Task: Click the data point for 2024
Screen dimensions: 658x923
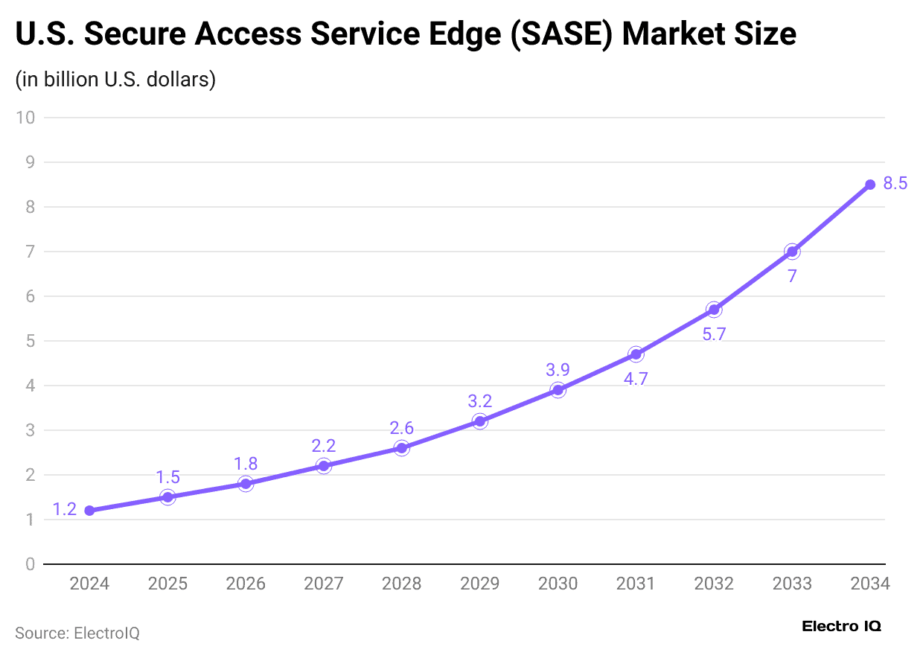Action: coord(89,511)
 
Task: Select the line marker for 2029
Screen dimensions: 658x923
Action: coord(479,421)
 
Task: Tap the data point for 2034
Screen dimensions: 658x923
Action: coord(870,185)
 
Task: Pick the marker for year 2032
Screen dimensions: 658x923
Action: coord(714,310)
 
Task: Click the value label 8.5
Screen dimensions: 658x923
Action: coord(895,183)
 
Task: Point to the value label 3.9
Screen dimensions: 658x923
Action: coord(558,370)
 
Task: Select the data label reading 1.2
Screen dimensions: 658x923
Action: coord(65,510)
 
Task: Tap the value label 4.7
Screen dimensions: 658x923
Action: coord(636,378)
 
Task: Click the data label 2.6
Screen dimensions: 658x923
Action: coord(401,428)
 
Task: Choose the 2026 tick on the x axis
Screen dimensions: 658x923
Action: coord(246,584)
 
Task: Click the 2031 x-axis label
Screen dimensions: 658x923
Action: coord(636,584)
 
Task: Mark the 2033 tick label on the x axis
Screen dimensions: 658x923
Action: coord(792,584)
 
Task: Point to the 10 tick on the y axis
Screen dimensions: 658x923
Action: coord(28,118)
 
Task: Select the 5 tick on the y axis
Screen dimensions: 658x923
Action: coord(31,341)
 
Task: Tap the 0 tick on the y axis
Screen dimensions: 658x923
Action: coord(31,564)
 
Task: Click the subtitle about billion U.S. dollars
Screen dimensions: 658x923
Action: coord(115,79)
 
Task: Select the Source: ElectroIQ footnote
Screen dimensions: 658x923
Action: coord(77,633)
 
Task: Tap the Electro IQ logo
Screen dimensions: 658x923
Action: coord(841,627)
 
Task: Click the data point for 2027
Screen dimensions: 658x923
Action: coord(323,466)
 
